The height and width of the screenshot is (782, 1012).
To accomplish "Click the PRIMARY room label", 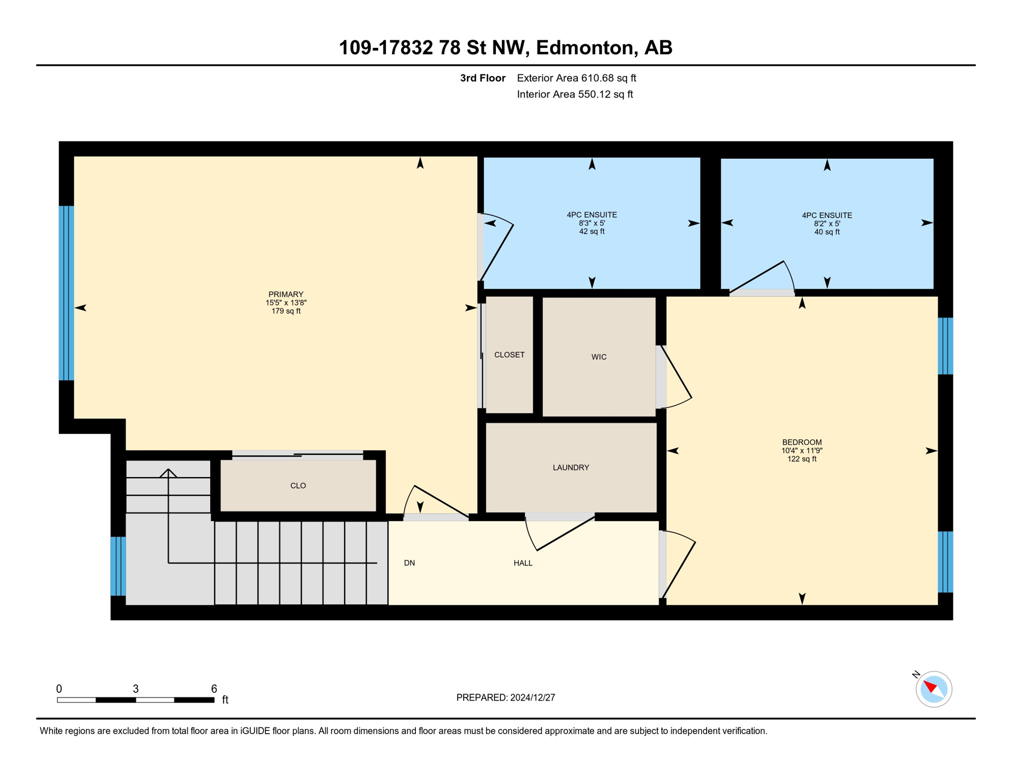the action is coord(286,294).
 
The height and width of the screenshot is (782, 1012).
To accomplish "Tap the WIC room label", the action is coord(599,357).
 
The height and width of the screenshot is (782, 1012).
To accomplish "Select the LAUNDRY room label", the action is coord(571,467).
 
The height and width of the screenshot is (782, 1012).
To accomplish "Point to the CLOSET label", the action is coord(509,355).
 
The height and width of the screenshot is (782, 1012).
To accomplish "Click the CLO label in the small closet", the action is coord(298,486).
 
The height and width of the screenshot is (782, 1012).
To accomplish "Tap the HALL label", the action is coord(523,563).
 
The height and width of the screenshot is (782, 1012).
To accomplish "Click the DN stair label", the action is coord(409,563).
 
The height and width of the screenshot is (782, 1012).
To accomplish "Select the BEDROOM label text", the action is coord(802,442).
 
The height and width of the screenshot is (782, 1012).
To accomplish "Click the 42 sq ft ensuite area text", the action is coord(592,232).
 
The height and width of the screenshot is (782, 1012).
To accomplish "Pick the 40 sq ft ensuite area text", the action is coord(827,232).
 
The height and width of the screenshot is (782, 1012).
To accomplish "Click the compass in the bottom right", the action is coord(934,689).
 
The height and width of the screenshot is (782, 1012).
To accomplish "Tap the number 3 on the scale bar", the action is coord(135,689).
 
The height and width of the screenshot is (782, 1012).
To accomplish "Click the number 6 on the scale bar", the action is coord(214,689).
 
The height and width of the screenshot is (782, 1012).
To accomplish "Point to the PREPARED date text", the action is coord(505,697).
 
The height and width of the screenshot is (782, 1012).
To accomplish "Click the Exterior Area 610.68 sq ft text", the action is coord(576,78).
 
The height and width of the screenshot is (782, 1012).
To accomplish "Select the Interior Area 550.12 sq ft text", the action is coord(575,94).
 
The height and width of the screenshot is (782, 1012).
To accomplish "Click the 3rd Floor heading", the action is coord(483,78).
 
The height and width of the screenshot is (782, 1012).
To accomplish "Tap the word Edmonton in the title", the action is coord(584,48).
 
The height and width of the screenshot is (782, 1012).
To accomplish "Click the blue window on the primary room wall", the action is coord(67,293).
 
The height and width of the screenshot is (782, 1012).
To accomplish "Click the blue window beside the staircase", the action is coord(118,566).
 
